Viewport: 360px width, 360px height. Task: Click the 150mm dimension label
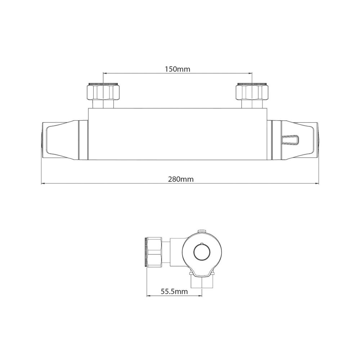coord(177,69)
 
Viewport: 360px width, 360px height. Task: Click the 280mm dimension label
coord(181,179)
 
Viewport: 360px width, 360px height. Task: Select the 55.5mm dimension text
coord(174,292)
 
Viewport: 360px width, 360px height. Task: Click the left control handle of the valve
coord(64,140)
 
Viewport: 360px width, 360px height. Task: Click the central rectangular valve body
coord(177,134)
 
